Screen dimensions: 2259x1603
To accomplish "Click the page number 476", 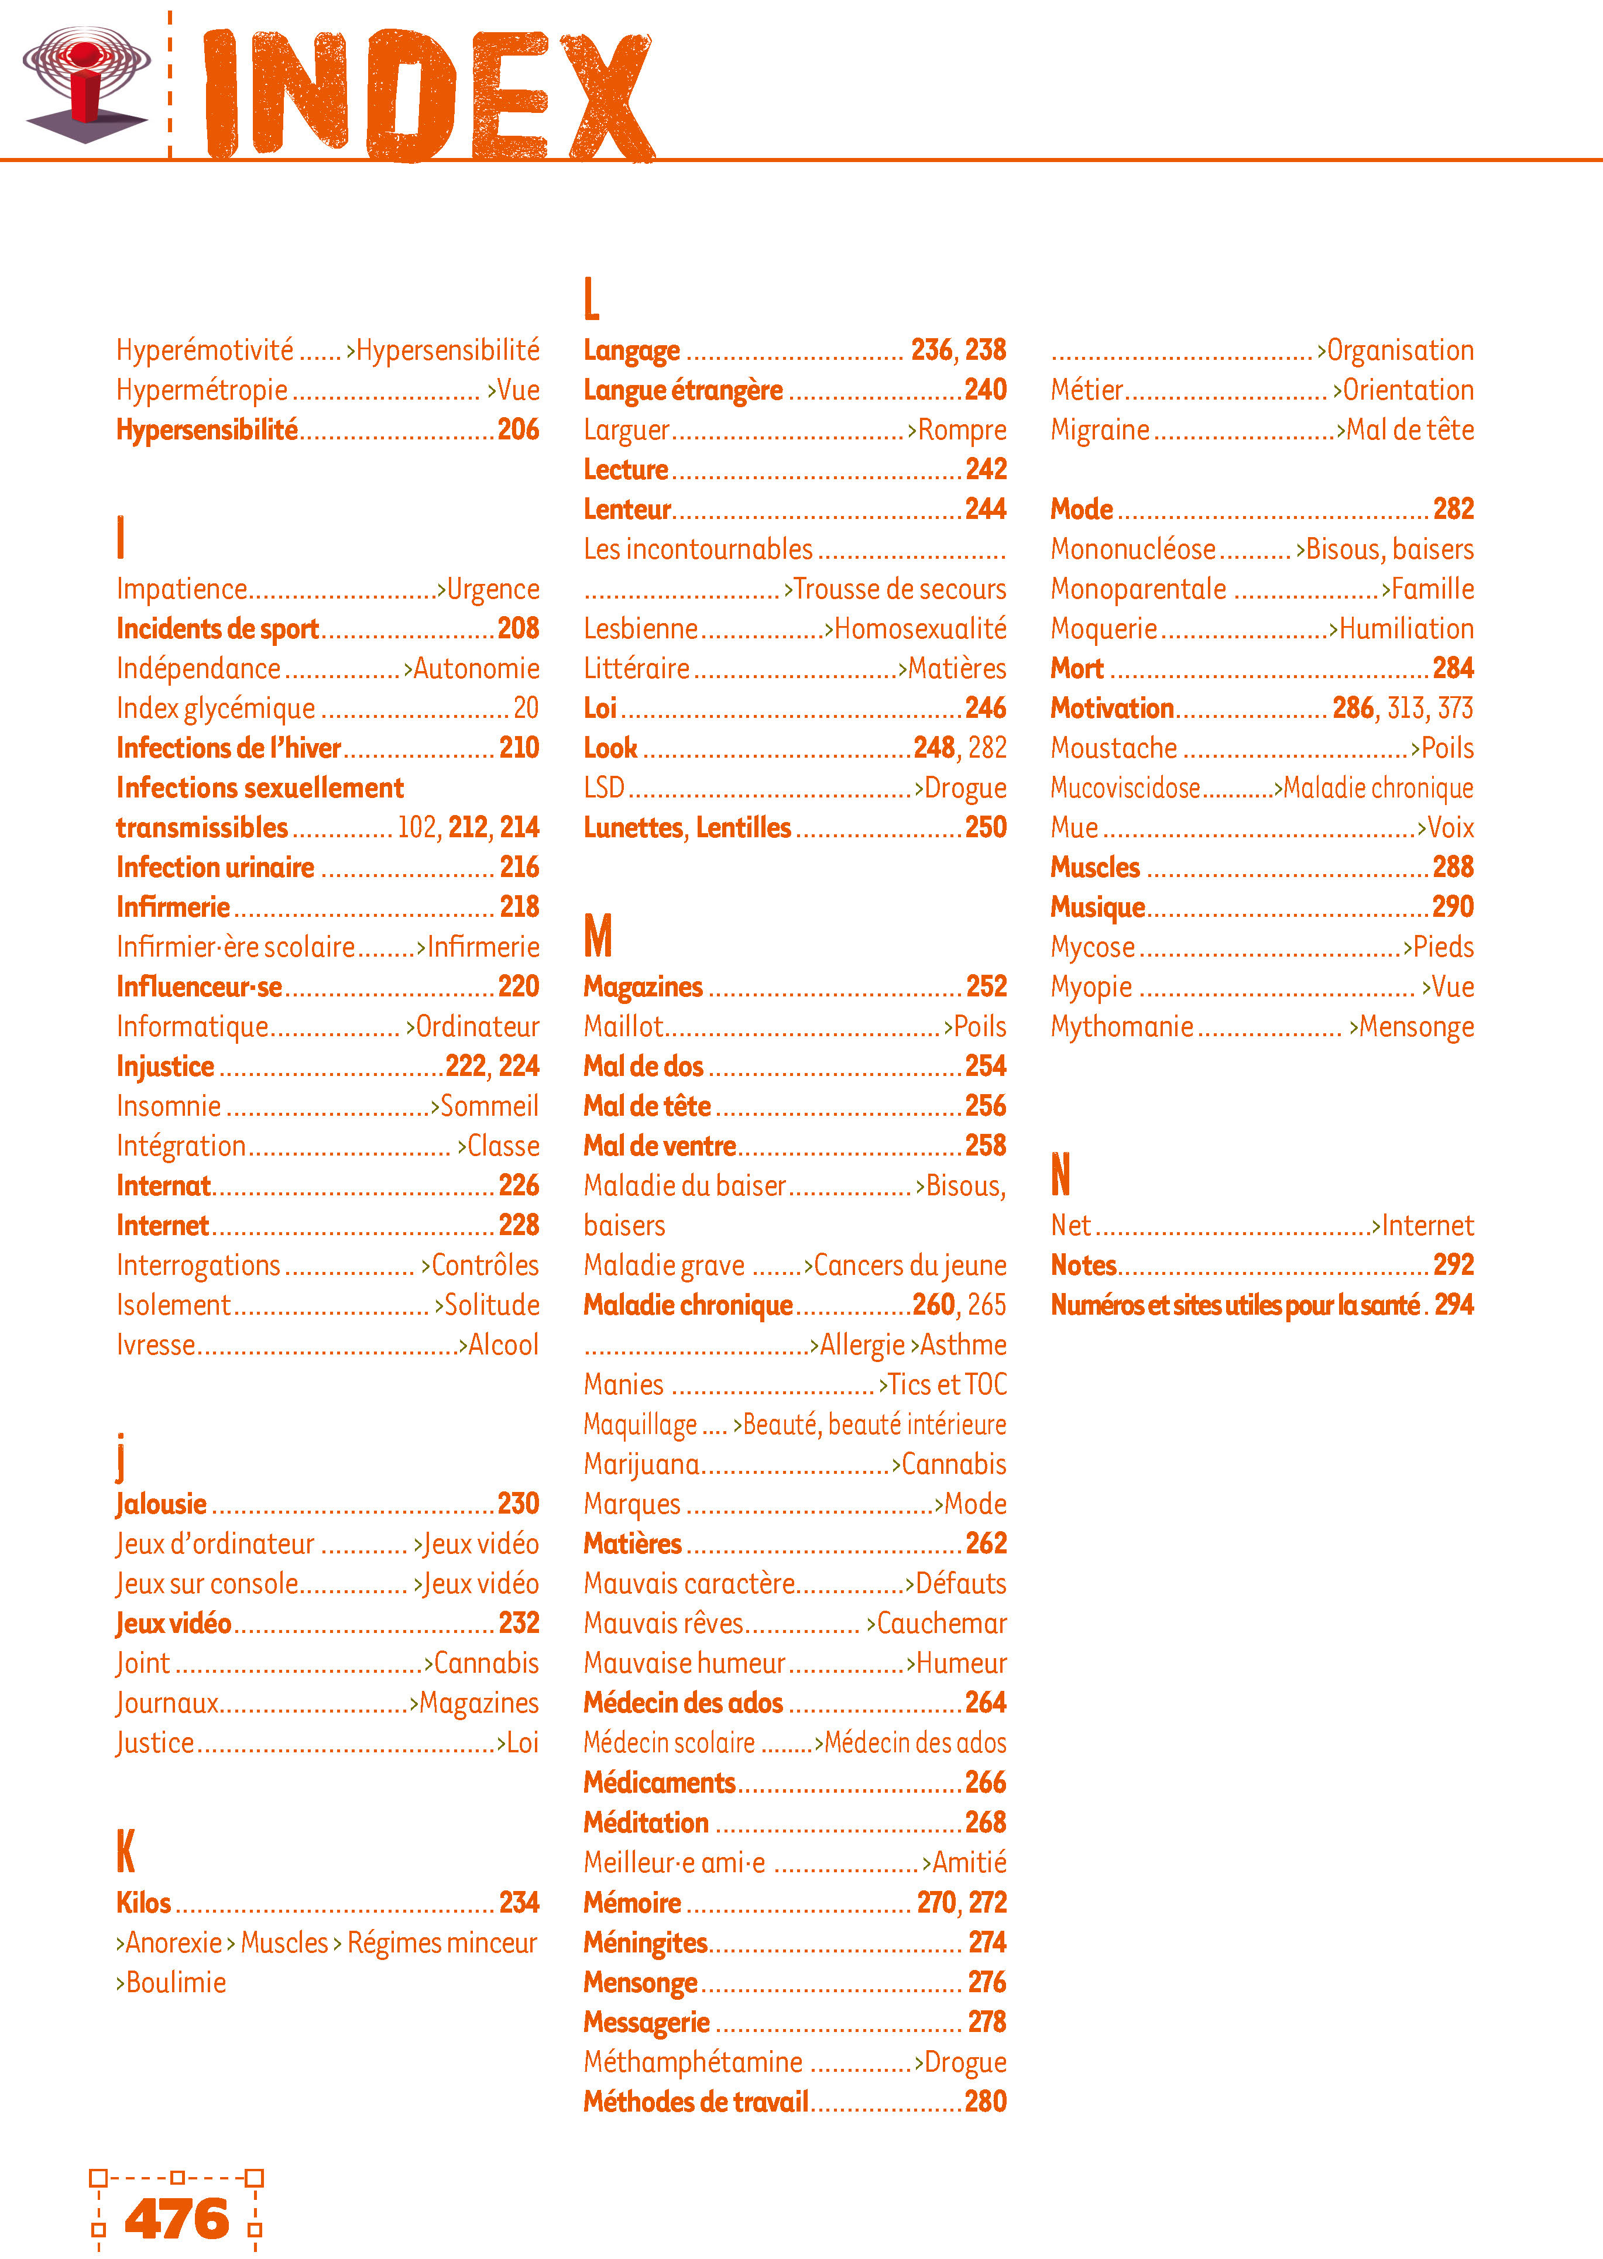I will [177, 2220].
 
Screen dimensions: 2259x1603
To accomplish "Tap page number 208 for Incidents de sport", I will [518, 628].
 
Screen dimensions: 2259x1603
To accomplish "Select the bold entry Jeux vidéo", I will [174, 1624].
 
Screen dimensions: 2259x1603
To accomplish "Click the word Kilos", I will [144, 1903].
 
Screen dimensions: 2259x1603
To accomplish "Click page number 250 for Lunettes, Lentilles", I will [985, 827].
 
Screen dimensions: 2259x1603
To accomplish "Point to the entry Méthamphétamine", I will [693, 2062].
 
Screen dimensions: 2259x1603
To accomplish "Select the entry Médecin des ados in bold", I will [683, 1703].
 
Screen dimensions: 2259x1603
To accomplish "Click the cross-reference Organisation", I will [1400, 350].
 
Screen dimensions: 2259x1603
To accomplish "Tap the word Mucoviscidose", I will [1125, 788].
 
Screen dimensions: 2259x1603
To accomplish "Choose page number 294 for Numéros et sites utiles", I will [1453, 1305].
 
